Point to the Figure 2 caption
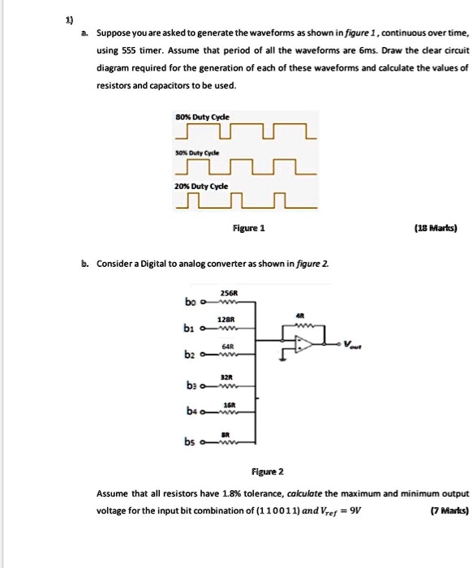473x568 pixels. (268, 471)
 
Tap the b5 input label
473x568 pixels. (190, 443)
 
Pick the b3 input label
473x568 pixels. (189, 386)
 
